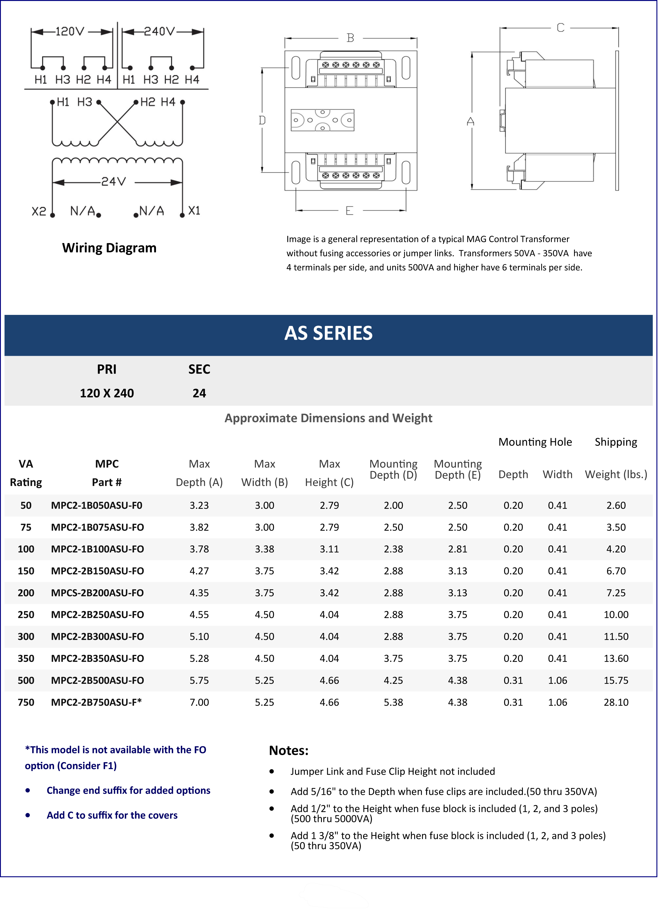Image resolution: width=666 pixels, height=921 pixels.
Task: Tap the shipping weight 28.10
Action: (x=616, y=702)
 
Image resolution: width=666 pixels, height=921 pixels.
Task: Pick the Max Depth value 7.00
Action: (x=199, y=702)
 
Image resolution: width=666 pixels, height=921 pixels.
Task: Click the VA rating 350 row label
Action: (x=26, y=658)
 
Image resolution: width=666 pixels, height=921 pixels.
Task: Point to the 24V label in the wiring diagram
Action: (x=113, y=181)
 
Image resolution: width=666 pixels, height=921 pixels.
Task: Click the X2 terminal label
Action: (x=39, y=211)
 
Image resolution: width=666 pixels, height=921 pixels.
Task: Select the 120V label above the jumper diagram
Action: (x=70, y=31)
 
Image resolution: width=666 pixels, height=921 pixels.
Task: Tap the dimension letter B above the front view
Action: (x=350, y=38)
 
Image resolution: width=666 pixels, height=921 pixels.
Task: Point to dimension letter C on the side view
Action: (x=561, y=28)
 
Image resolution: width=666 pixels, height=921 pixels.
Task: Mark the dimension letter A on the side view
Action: (x=470, y=122)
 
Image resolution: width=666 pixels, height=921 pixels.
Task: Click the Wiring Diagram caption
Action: (x=109, y=248)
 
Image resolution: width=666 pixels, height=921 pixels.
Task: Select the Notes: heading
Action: (x=288, y=750)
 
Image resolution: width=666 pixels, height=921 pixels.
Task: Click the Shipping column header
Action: (x=616, y=442)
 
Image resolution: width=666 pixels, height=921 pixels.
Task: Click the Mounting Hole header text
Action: (x=535, y=442)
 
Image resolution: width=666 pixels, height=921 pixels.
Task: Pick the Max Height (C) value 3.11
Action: (x=329, y=549)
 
